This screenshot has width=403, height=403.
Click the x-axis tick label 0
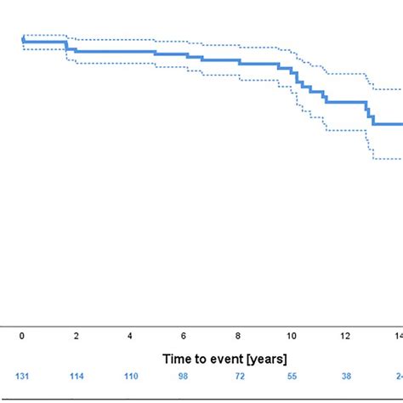[x=22, y=336]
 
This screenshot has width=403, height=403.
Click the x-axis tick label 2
[x=77, y=336]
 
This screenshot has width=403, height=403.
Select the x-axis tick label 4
[x=130, y=336]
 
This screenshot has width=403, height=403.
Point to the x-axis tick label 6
[x=184, y=336]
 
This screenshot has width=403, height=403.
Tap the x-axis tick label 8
[x=239, y=336]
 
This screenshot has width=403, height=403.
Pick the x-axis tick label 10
[x=292, y=336]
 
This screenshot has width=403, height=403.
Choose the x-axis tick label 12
[x=346, y=336]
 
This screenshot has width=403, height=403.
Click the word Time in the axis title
[x=178, y=360]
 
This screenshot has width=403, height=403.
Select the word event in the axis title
[x=229, y=360]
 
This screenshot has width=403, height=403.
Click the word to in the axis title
[x=201, y=360]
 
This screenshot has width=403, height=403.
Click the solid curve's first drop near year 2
[x=67, y=45]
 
